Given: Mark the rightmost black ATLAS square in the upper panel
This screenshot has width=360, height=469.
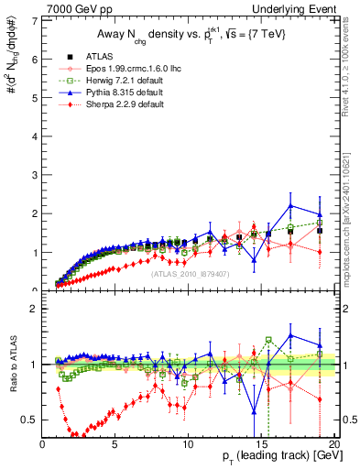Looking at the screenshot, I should click(320, 230).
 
